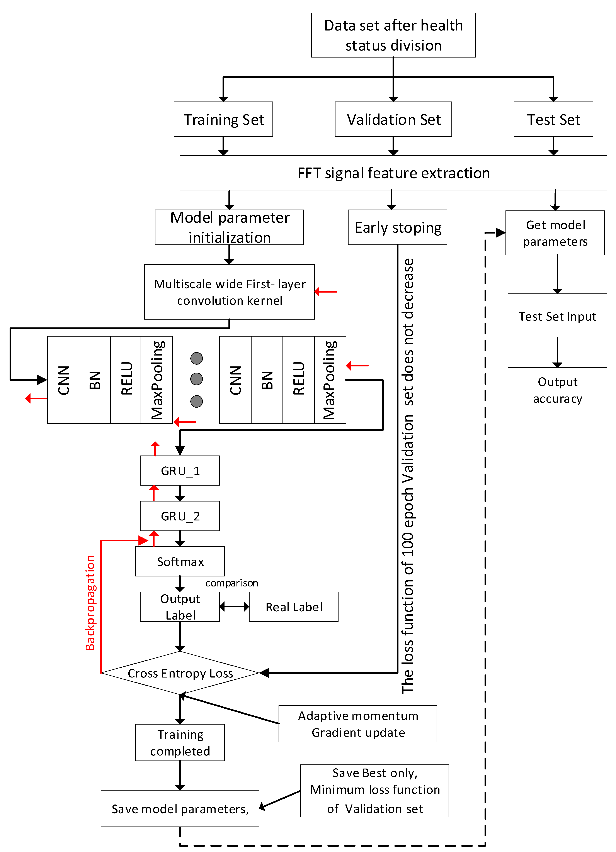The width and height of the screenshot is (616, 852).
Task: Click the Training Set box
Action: tap(223, 119)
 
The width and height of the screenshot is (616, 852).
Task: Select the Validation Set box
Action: tap(393, 119)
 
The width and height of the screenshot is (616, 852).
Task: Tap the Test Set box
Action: tap(553, 119)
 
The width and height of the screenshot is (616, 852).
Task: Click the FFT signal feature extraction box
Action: tap(393, 173)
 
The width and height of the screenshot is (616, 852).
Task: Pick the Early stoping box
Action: tap(398, 227)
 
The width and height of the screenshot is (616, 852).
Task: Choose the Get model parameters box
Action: tap(555, 233)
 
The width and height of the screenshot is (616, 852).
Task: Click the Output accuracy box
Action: tap(557, 390)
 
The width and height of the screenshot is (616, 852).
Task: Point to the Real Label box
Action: tap(294, 607)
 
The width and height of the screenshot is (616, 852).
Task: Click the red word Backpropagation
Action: tap(90, 603)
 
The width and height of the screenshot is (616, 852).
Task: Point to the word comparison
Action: tap(231, 583)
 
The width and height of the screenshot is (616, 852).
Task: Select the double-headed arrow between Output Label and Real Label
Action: tap(234, 606)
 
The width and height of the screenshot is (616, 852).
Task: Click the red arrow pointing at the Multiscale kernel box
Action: tap(325, 291)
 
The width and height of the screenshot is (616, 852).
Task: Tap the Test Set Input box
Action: tap(557, 316)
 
